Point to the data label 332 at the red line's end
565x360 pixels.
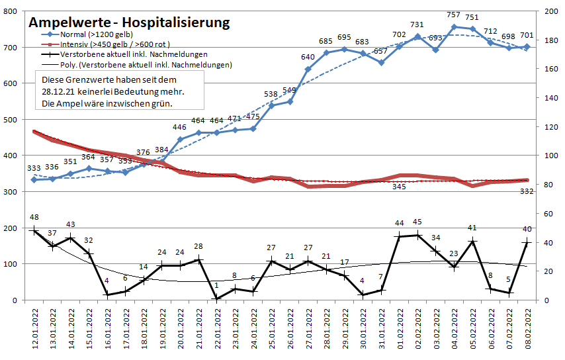[527, 191]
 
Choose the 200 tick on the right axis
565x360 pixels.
[548, 12]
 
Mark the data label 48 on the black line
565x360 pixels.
[34, 217]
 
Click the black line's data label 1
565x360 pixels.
[216, 285]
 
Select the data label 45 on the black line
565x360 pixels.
[417, 222]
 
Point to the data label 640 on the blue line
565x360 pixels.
[308, 57]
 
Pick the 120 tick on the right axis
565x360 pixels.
[548, 127]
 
